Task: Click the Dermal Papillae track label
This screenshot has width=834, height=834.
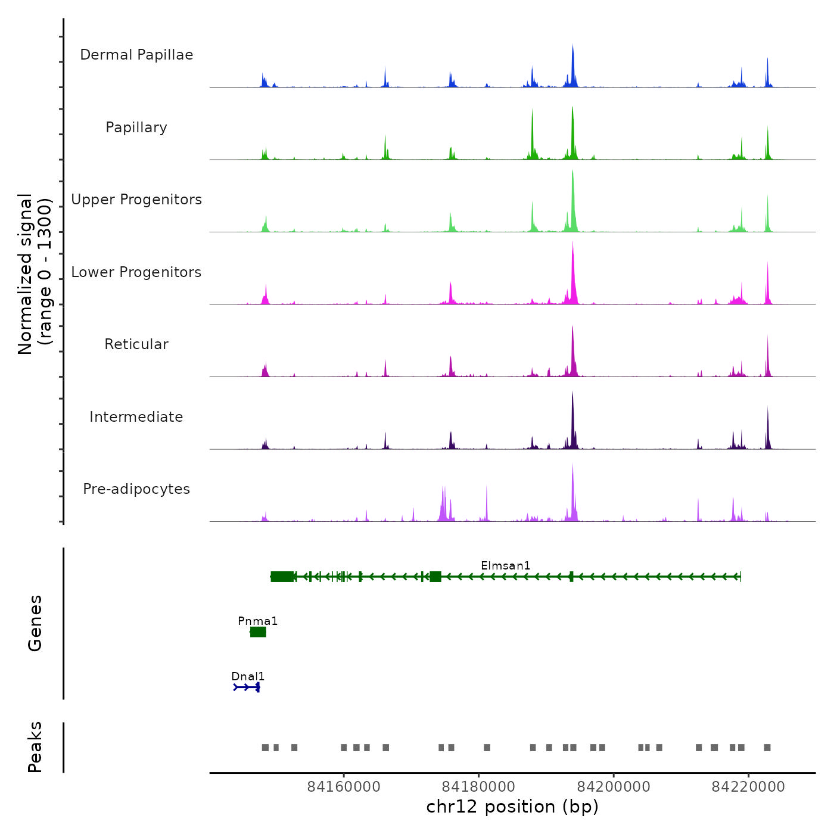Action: (x=136, y=55)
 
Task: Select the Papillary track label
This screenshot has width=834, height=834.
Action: (x=136, y=127)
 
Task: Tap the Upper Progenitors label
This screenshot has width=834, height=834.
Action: (x=136, y=200)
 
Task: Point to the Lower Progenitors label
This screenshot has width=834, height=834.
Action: (x=136, y=272)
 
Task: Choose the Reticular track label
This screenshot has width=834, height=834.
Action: (x=136, y=344)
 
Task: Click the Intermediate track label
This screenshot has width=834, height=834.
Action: (x=136, y=417)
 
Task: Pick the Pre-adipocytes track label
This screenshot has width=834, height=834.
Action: (x=136, y=489)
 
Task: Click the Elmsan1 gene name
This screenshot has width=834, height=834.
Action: (x=505, y=565)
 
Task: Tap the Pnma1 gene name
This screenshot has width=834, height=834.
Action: (x=257, y=621)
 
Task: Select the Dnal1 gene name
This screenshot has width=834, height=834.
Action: (x=248, y=676)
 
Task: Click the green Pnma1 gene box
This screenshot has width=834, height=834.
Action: (x=258, y=632)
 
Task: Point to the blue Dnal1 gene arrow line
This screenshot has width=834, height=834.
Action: (x=246, y=687)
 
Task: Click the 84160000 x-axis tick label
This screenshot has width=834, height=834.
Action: (x=344, y=787)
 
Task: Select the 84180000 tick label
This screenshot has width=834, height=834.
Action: (x=479, y=787)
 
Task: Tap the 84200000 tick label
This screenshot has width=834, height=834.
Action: (x=614, y=787)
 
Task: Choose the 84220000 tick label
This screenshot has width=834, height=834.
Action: (x=748, y=787)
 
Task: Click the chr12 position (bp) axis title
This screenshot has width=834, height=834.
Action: (x=512, y=807)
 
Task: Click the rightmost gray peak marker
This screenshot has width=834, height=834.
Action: (x=767, y=748)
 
